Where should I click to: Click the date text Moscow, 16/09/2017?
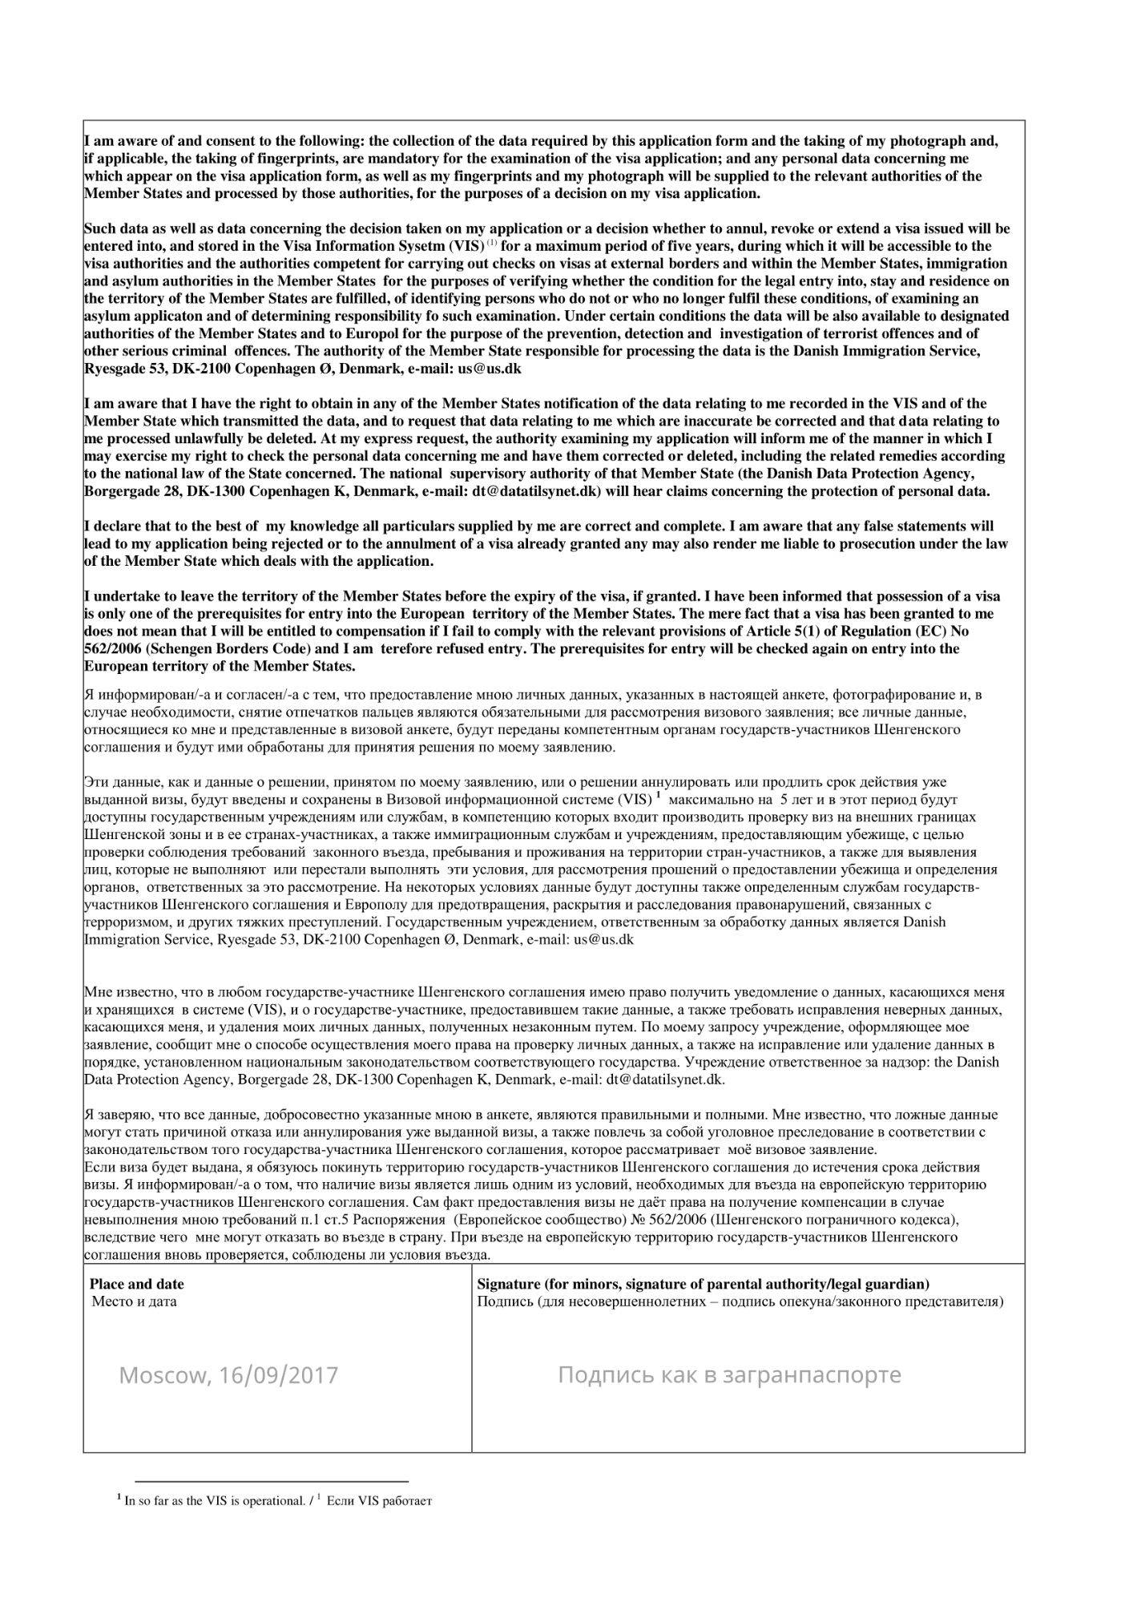tap(228, 1375)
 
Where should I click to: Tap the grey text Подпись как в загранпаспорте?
tap(729, 1374)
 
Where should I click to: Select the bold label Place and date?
tap(136, 1284)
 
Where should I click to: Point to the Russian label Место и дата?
tap(134, 1301)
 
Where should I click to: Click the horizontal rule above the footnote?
tap(272, 1481)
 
